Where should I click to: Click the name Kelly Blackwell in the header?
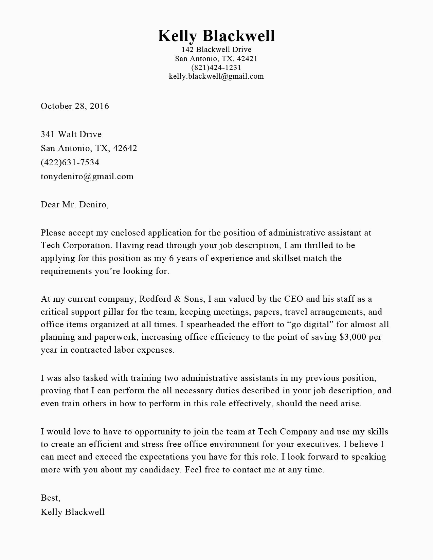(x=216, y=36)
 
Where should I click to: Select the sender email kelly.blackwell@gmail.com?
(x=216, y=76)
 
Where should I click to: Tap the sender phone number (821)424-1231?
(x=216, y=67)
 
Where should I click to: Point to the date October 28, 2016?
(x=75, y=106)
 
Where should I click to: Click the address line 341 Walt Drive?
(x=71, y=134)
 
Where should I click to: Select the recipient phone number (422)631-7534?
(x=70, y=162)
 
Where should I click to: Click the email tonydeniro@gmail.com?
(x=87, y=176)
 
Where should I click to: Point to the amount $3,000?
(x=353, y=337)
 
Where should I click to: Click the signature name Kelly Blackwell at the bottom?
(x=72, y=512)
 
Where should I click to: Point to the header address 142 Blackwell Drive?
(x=216, y=50)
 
